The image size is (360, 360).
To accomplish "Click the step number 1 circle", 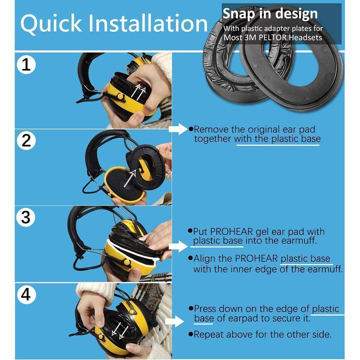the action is [x=26, y=65].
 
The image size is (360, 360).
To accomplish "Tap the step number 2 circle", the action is [x=26, y=140].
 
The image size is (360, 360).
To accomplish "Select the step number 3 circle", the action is [x=26, y=217].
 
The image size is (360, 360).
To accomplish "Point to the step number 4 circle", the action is [x=26, y=294].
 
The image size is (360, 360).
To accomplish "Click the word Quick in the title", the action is [x=51, y=24].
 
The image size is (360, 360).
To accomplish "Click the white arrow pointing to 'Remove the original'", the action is [x=178, y=129].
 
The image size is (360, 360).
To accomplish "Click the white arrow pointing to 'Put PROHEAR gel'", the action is [x=178, y=246].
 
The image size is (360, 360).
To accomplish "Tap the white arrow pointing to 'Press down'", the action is [x=174, y=321].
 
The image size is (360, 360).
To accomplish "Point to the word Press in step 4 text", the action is [x=205, y=309].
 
